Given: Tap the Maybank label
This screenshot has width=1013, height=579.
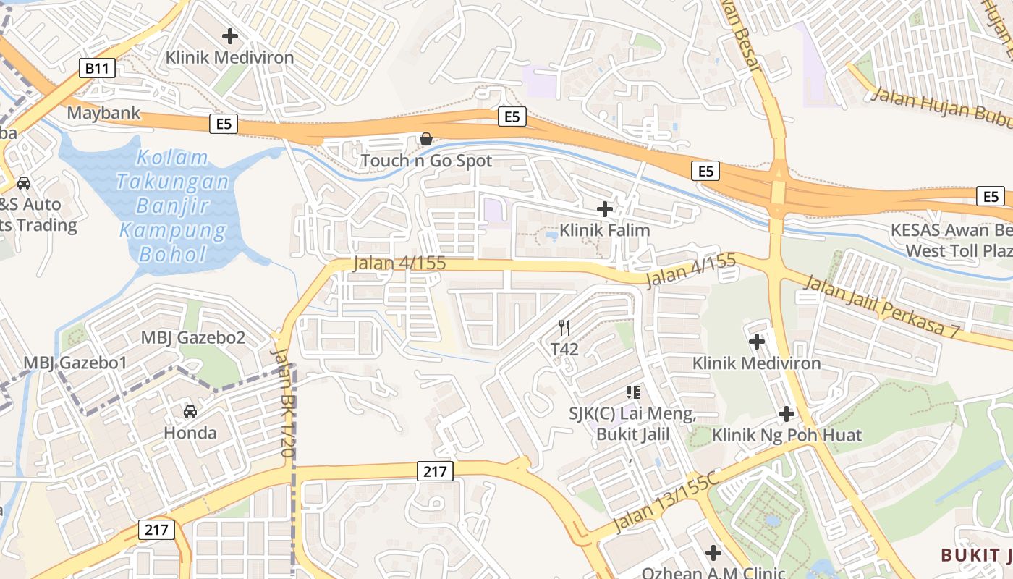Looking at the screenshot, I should [103, 113].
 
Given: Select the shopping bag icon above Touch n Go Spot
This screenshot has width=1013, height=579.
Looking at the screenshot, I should [426, 138].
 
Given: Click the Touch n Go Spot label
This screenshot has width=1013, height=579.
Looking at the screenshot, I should [426, 161].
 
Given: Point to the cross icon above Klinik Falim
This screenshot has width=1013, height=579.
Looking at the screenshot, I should [604, 209].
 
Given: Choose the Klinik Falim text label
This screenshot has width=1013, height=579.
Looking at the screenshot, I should [604, 230].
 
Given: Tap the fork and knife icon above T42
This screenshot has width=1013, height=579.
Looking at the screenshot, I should [565, 328].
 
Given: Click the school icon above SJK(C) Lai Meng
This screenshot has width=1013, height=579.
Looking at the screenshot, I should [633, 392].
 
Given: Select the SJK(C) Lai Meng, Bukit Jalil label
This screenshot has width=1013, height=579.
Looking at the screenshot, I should [632, 425].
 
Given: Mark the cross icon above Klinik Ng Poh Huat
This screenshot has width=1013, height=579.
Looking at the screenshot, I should [787, 414].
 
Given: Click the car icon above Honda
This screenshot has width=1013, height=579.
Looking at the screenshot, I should [190, 412].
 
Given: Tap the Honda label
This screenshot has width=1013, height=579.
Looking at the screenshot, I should [190, 433].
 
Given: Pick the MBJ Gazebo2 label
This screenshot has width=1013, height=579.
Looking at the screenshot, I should [193, 337].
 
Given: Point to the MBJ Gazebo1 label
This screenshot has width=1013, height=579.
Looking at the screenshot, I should [75, 363].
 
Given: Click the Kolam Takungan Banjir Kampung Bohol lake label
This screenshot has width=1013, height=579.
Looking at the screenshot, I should [174, 206].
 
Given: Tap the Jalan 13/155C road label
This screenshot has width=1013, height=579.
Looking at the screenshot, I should [665, 500].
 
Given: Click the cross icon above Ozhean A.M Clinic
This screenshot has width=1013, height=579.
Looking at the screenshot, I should [713, 553].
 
